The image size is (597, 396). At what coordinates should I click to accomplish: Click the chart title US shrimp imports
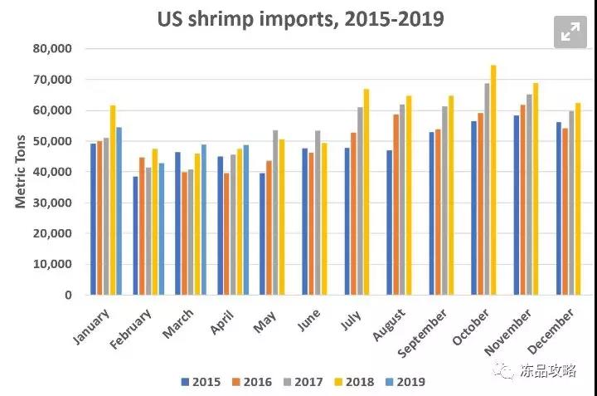[x=300, y=18]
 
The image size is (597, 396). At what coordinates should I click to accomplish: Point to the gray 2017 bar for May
[x=276, y=213]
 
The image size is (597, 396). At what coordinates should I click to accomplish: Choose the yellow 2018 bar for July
[x=366, y=192]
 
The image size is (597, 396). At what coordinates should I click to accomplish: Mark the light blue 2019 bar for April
[x=245, y=220]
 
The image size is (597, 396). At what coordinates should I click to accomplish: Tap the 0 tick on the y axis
[x=68, y=295]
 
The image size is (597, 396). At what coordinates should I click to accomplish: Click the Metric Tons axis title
[x=22, y=171]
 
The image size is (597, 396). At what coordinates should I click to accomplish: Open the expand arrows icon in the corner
[x=570, y=32]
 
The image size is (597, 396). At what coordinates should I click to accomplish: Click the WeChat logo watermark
[x=506, y=371]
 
